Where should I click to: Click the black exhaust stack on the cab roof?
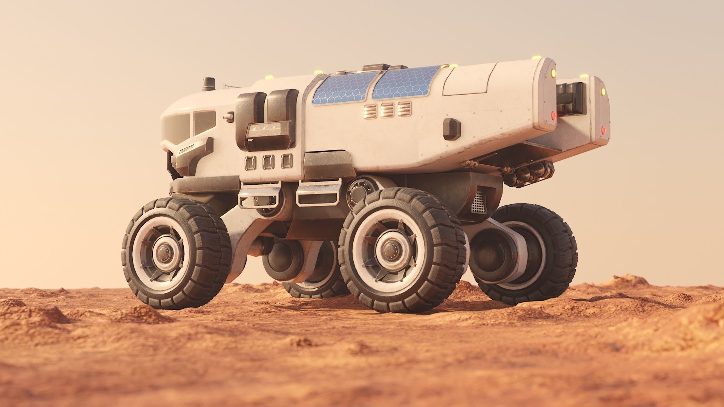207,84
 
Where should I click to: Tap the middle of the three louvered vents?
387,110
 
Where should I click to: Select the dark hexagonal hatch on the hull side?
452,129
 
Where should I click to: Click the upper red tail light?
554,114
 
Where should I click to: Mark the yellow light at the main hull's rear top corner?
553,72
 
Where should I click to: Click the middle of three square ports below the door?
268,162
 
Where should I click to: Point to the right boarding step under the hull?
319,192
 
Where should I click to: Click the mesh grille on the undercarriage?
478,201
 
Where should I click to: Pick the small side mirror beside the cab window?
229,117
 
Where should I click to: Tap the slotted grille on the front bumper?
186,150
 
